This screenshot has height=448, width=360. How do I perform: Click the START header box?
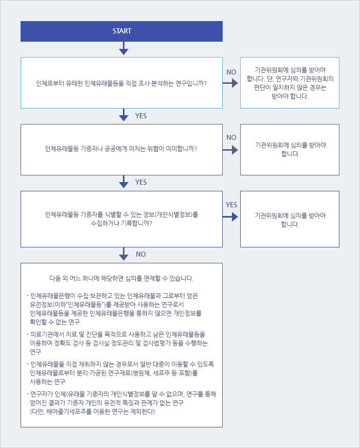coord(121,31)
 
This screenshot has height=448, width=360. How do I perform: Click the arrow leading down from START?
coord(123,48)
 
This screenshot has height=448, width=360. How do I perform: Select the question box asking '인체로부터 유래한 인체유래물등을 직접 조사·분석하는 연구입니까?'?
coord(121,83)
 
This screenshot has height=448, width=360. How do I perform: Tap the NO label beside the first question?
coord(231,72)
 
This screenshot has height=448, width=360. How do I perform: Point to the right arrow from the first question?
coord(230,83)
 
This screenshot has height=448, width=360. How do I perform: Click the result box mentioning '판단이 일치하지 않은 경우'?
coord(290,83)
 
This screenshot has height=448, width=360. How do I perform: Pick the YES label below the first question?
coord(141,116)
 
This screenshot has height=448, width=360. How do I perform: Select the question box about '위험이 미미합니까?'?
coord(121,150)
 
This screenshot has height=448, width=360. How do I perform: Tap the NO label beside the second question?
coord(231,137)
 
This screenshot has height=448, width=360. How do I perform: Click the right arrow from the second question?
coord(230,150)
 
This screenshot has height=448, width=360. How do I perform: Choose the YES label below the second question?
coord(141,182)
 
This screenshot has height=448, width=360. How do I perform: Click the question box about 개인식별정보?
coord(121,219)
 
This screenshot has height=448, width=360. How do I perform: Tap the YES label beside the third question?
coord(231,205)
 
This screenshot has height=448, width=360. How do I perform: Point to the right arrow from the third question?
coord(230,217)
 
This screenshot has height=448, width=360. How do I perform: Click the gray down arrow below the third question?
coord(123,254)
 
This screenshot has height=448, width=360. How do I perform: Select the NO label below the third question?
coord(141,254)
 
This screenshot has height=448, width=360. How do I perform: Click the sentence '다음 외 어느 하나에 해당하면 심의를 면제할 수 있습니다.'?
coord(121,279)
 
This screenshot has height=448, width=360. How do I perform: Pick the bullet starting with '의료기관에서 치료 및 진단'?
coord(117,343)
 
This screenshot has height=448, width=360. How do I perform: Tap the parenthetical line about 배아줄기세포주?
coord(92,411)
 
